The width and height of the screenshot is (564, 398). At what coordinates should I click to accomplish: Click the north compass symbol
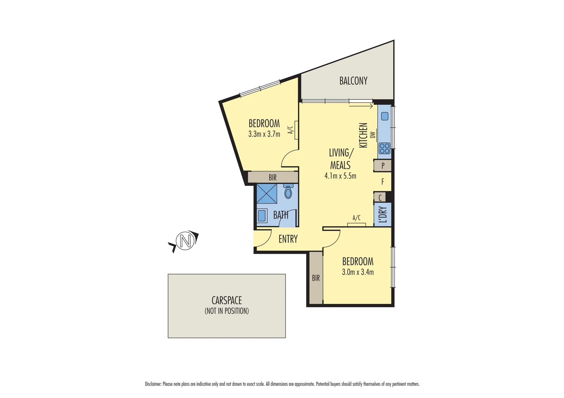click(x=185, y=241)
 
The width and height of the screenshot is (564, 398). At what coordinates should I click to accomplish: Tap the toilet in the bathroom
click(x=288, y=191)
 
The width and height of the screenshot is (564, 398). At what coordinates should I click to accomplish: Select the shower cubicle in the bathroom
click(x=267, y=193)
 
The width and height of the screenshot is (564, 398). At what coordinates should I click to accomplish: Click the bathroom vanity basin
click(x=262, y=216)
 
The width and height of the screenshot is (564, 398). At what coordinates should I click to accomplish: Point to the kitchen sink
click(x=384, y=116)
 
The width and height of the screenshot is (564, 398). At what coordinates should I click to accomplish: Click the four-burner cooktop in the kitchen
click(x=384, y=148)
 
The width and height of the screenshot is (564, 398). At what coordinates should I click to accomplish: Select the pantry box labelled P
click(x=383, y=166)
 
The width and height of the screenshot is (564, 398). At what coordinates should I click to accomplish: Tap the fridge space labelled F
click(x=383, y=182)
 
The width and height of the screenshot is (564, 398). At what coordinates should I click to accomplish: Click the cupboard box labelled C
click(x=380, y=198)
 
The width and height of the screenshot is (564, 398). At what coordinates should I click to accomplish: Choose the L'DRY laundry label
click(x=383, y=214)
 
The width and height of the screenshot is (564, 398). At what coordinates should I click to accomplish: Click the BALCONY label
click(x=353, y=81)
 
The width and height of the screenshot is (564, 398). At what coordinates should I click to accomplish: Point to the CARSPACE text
click(x=226, y=300)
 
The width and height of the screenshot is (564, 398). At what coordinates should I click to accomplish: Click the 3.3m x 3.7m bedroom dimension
click(x=264, y=134)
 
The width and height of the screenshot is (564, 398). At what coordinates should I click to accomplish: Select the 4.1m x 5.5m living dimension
click(x=340, y=176)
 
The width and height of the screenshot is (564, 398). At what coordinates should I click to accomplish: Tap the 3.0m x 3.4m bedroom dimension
click(x=357, y=272)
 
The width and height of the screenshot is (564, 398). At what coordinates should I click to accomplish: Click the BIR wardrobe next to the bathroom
click(x=273, y=178)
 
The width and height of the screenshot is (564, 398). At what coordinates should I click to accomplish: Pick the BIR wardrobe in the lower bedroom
click(x=316, y=278)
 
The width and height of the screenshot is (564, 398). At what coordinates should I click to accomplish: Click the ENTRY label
click(x=288, y=239)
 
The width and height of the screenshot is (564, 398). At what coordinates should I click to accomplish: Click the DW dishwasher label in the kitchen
click(x=373, y=135)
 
